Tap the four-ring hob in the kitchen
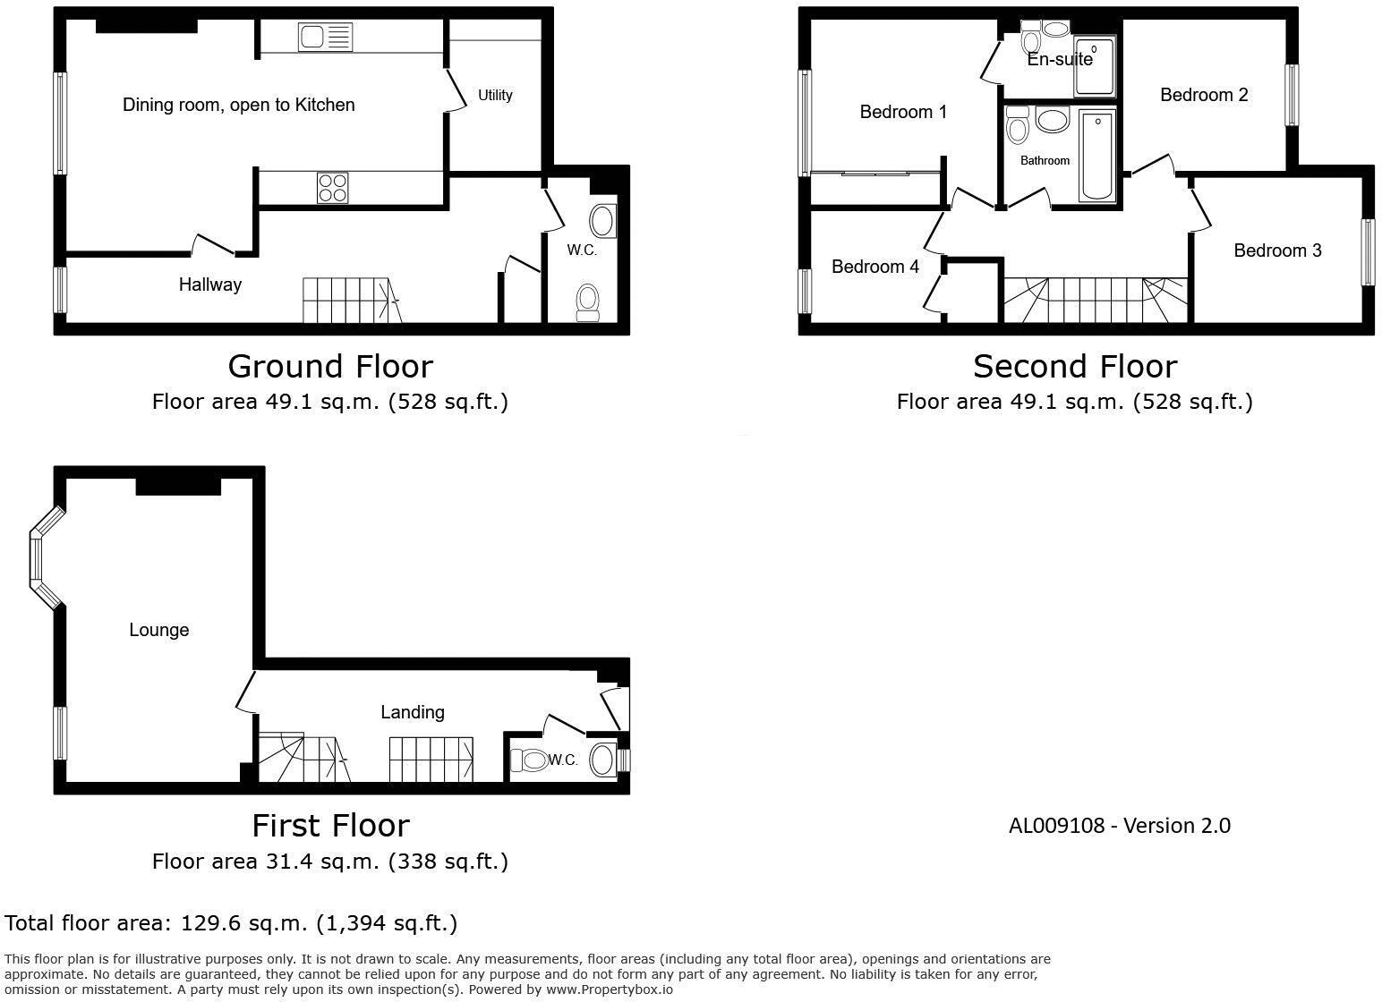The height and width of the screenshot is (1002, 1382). tap(333, 189)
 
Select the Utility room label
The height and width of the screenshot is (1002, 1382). tap(495, 95)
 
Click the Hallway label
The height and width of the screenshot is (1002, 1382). tap(210, 284)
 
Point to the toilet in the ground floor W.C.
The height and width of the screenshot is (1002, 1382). tap(587, 301)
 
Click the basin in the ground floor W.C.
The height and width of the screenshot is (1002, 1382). tap(603, 221)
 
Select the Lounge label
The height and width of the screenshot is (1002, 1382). tap(158, 630)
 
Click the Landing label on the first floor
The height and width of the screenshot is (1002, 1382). tap(412, 712)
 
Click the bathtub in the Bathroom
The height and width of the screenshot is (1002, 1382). tap(1096, 156)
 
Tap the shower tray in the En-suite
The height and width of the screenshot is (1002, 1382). tap(1095, 67)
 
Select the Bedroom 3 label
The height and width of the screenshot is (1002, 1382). tap(1277, 250)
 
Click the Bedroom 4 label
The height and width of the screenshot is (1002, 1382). tap(874, 267)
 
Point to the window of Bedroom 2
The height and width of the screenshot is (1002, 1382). tap(1292, 95)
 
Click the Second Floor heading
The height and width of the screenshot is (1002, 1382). tap(1074, 367)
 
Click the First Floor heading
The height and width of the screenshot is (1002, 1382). tap(330, 825)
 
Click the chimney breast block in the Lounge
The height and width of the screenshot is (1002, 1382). tap(178, 486)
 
